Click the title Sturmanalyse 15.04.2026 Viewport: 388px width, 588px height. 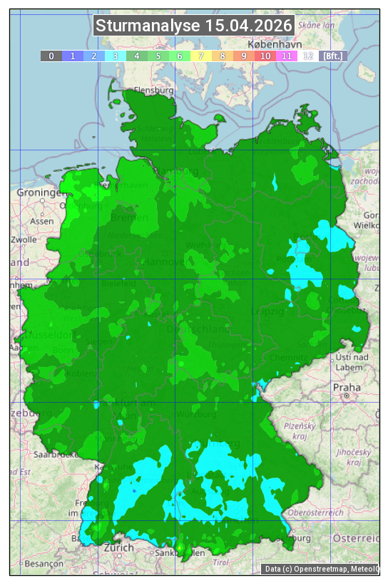pyautogui.click(x=194, y=26)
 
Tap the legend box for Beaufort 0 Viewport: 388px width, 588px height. pyautogui.click(x=51, y=56)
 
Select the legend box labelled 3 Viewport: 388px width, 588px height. pyautogui.click(x=116, y=56)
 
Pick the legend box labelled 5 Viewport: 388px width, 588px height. pyautogui.click(x=158, y=56)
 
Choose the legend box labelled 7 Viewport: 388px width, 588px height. pyautogui.click(x=201, y=56)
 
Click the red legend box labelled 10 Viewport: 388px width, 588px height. pyautogui.click(x=265, y=56)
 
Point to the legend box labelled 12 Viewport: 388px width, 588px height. pyautogui.click(x=308, y=56)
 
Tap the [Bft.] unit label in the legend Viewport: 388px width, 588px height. pyautogui.click(x=332, y=56)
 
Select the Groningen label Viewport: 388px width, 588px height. pyautogui.click(x=39, y=193)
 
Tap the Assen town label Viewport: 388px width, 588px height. pyautogui.click(x=42, y=221)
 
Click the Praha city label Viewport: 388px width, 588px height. pyautogui.click(x=346, y=387)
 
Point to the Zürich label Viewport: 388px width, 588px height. pyautogui.click(x=118, y=547)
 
